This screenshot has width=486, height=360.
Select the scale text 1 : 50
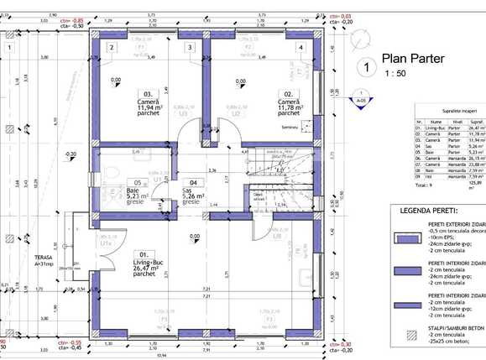click(395, 75)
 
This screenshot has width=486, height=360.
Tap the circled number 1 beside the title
click(363, 66)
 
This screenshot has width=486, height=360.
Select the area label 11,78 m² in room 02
click(290, 107)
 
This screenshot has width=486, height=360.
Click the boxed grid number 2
click(111, 48)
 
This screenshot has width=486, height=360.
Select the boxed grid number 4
click(300, 48)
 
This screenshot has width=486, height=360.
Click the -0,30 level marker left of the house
click(71, 154)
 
